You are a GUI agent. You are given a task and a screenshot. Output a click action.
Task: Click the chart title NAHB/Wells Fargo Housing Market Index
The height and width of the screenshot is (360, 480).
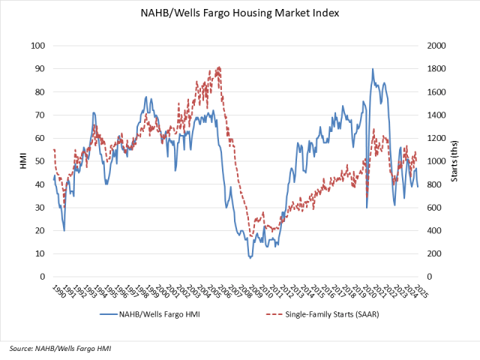pyautogui.click(x=240, y=13)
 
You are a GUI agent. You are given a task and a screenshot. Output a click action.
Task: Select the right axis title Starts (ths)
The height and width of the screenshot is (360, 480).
pyautogui.click(x=456, y=161)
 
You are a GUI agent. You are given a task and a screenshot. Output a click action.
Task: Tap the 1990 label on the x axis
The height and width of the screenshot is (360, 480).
pyautogui.click(x=55, y=290)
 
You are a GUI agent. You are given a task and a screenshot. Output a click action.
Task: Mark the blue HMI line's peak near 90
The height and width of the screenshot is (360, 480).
pyautogui.click(x=373, y=69)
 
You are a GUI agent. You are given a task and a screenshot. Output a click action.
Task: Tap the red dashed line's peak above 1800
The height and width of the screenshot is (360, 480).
pyautogui.click(x=219, y=67)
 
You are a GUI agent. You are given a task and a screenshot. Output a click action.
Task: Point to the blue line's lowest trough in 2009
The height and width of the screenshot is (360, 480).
pyautogui.click(x=250, y=258)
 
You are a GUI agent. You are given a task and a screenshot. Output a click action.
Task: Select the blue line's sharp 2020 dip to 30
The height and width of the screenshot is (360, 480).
pyautogui.click(x=367, y=207)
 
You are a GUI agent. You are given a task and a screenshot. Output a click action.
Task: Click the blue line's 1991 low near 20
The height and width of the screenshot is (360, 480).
pyautogui.click(x=64, y=230)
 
